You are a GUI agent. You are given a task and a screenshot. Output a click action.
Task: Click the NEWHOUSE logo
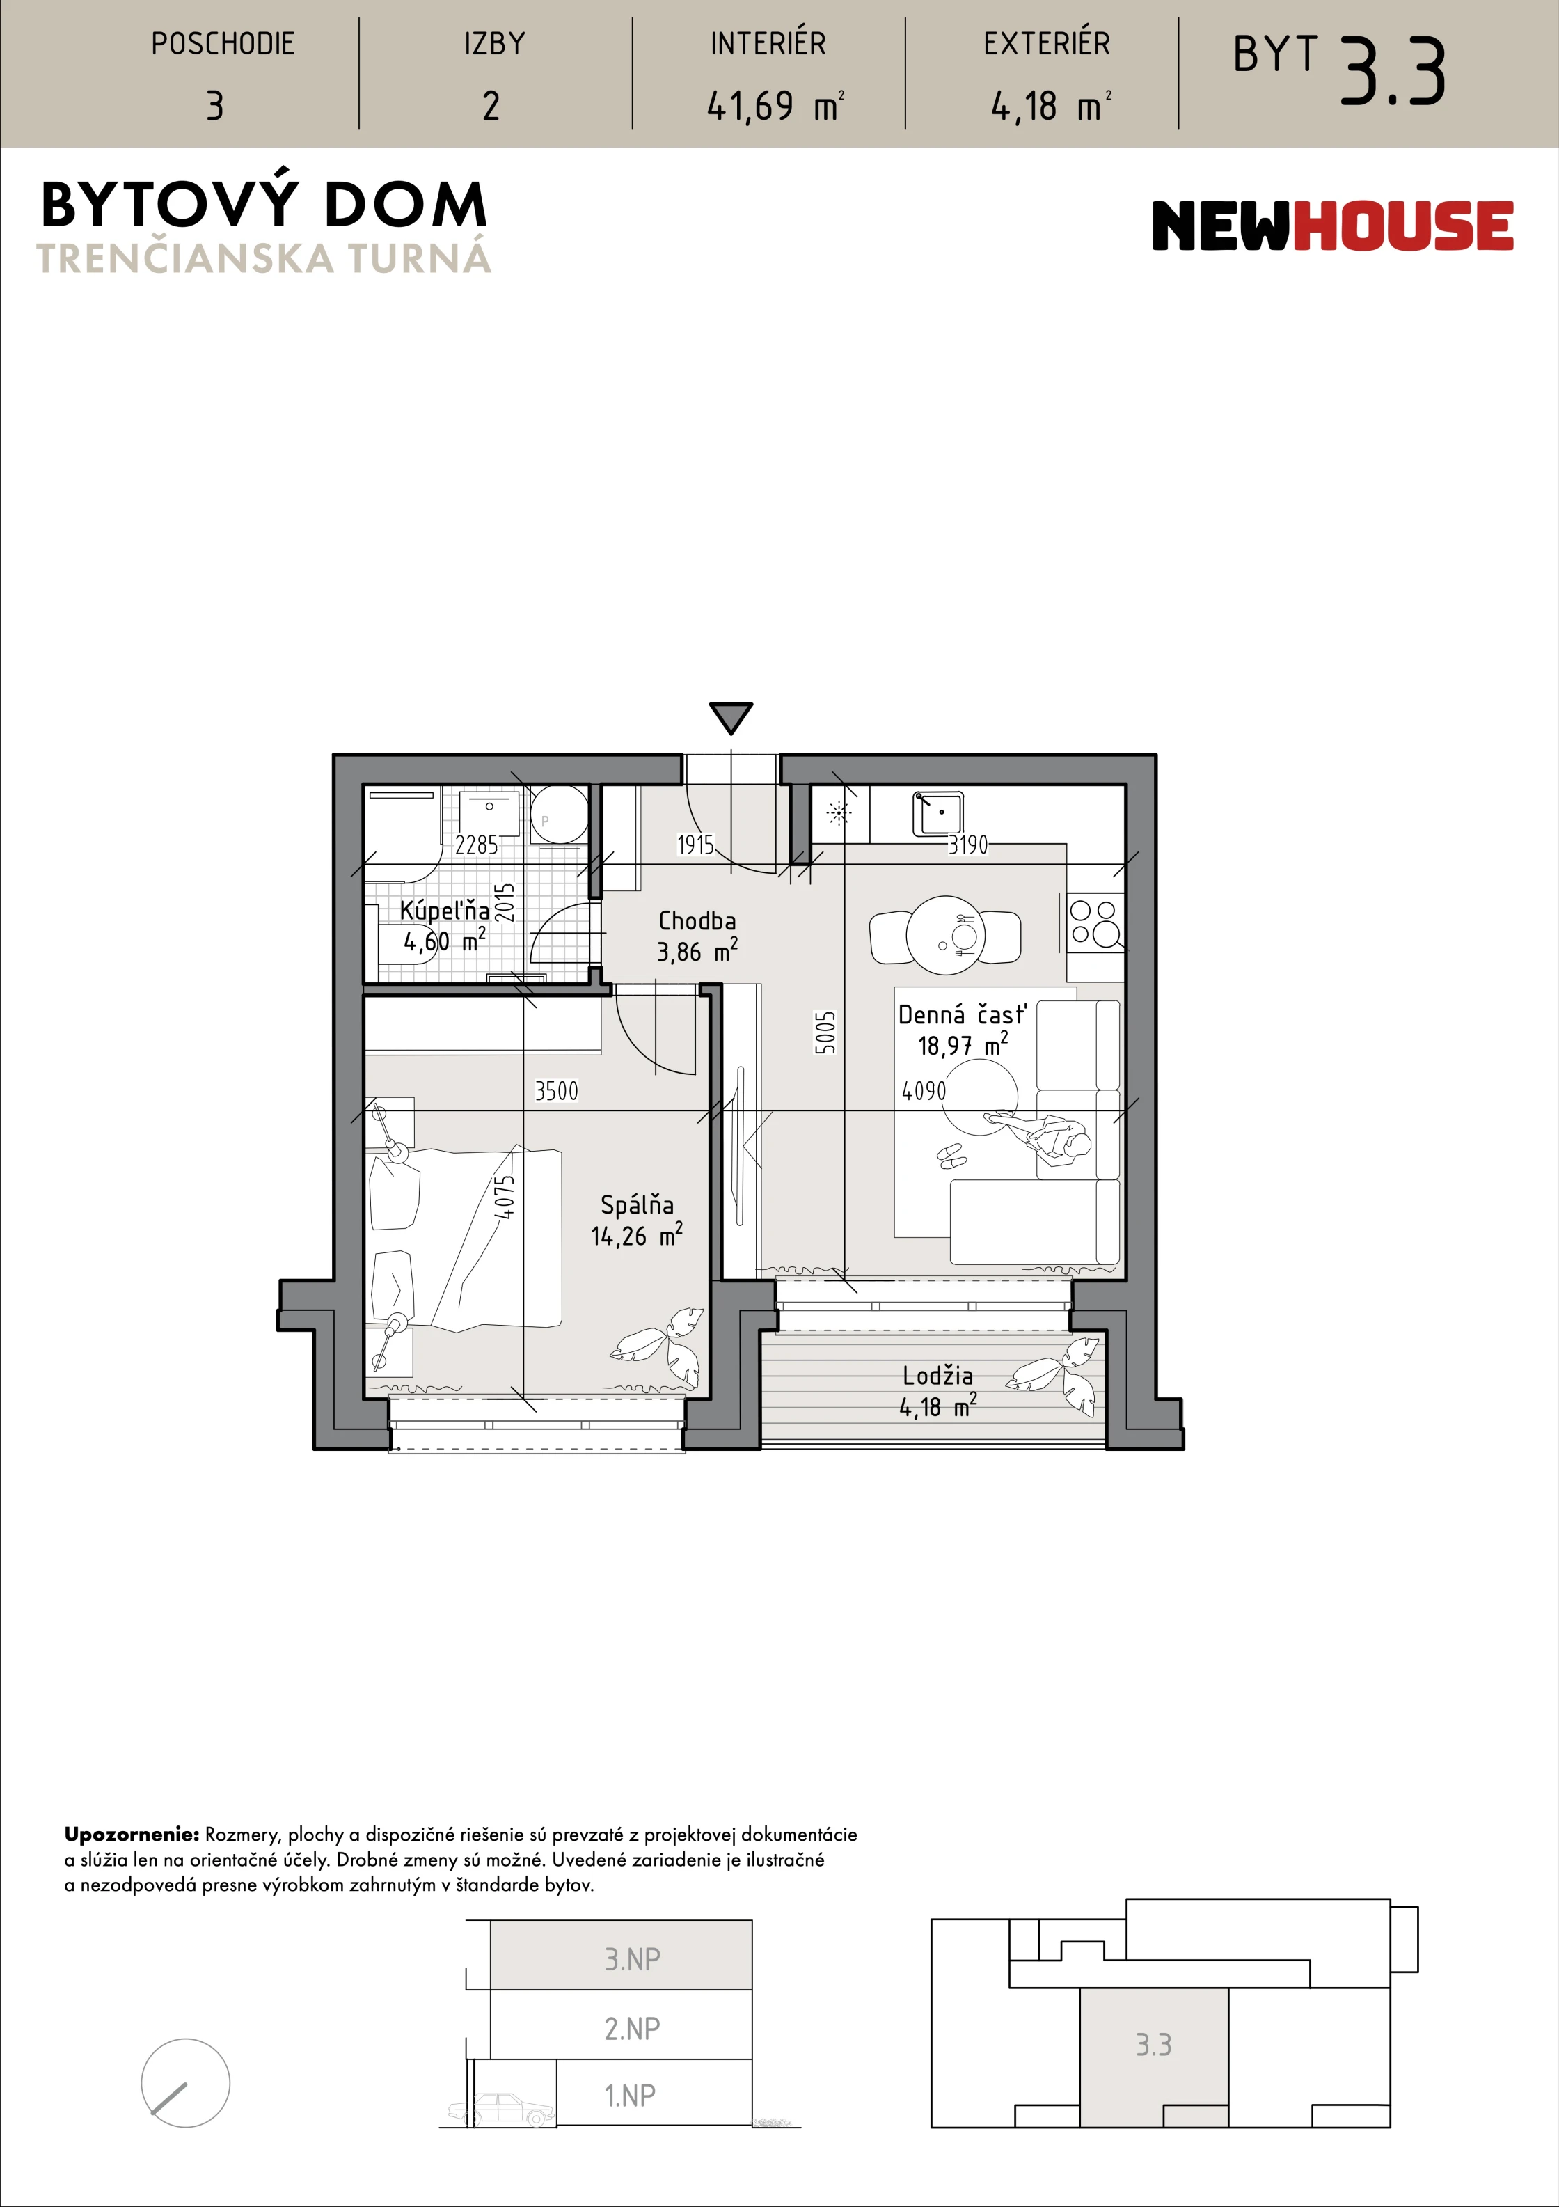[x=1332, y=226]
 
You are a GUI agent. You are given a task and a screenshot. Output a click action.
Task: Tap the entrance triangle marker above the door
[x=731, y=718]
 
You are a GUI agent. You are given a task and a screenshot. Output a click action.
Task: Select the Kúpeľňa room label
[x=444, y=909]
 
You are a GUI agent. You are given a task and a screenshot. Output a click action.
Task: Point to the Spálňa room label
[x=638, y=1204]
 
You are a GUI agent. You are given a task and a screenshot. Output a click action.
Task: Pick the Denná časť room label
[x=962, y=1014]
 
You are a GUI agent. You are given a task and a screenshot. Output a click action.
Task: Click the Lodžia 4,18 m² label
[x=938, y=1391]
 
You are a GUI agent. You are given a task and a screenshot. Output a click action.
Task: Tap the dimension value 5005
[x=825, y=1032]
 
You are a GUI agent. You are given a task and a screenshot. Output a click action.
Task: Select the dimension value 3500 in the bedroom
[x=557, y=1091]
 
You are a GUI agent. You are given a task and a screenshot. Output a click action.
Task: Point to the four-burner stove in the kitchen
[x=1095, y=922]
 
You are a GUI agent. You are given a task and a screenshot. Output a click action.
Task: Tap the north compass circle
[x=186, y=2083]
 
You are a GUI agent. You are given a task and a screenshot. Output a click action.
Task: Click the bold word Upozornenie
[x=132, y=1835]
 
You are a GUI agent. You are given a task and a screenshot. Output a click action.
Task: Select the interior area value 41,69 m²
[x=775, y=106]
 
